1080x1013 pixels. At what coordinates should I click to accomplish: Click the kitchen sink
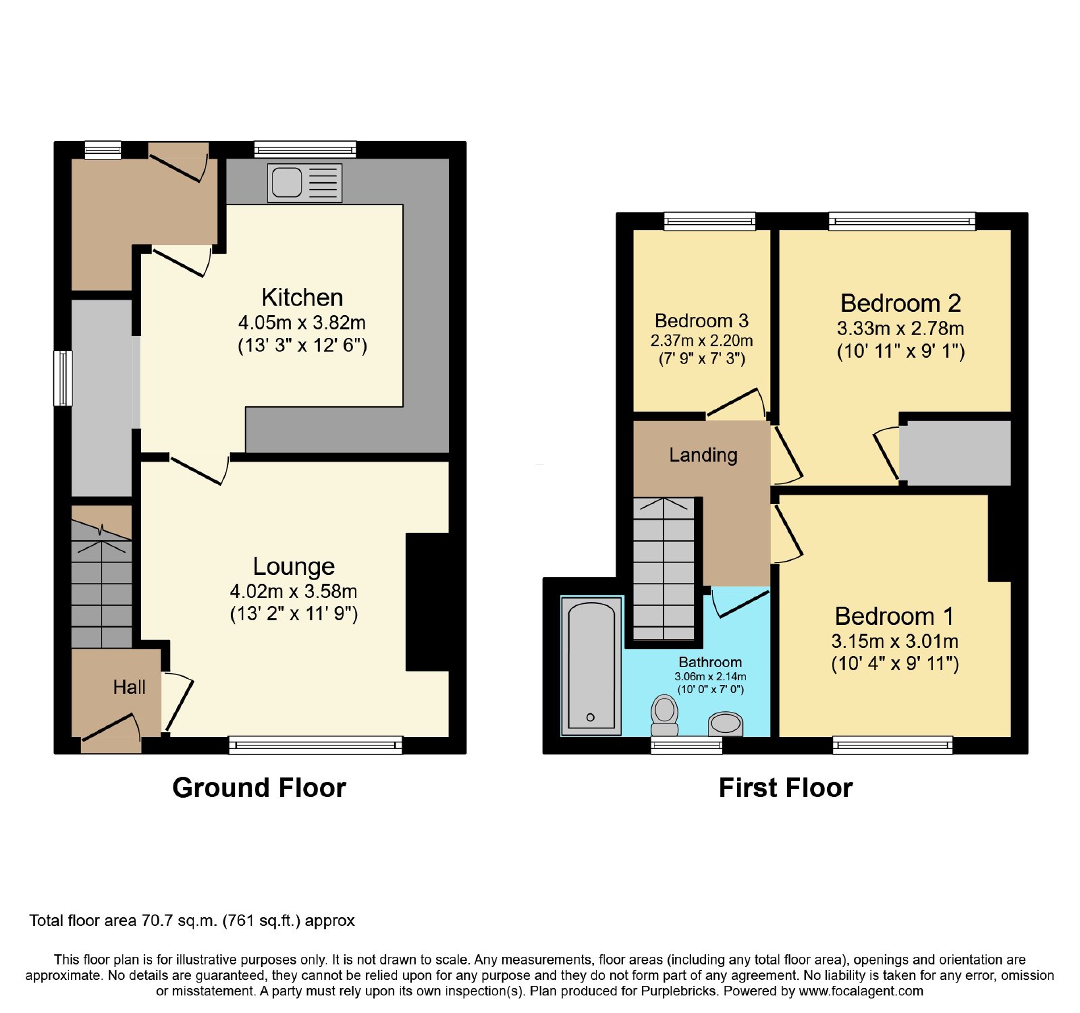(304, 183)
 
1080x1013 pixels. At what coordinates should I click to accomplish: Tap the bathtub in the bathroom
(591, 665)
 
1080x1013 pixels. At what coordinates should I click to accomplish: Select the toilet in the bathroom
(665, 715)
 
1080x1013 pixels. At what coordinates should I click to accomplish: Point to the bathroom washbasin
(726, 724)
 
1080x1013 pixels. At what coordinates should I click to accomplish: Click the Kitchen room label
(302, 298)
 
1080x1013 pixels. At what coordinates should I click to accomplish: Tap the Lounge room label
(294, 566)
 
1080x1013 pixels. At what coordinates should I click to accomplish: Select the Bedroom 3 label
(702, 321)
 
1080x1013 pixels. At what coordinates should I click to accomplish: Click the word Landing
(703, 456)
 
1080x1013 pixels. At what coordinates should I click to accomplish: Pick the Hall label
(129, 687)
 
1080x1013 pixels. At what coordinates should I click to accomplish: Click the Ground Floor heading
(259, 788)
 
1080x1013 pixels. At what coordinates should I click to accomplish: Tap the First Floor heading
(786, 788)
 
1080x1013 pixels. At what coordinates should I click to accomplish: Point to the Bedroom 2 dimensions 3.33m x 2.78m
(900, 329)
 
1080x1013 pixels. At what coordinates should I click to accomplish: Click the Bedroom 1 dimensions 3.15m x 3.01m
(895, 641)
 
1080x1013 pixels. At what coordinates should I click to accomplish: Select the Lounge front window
(316, 745)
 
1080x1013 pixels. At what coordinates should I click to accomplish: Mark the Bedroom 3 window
(709, 221)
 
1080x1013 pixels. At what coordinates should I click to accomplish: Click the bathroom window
(686, 745)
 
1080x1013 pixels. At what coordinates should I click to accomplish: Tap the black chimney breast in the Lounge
(427, 602)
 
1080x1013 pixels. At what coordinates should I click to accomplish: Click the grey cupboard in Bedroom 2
(955, 453)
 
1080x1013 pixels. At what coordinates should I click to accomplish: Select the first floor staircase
(664, 569)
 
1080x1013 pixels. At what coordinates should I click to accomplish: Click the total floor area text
(192, 921)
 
